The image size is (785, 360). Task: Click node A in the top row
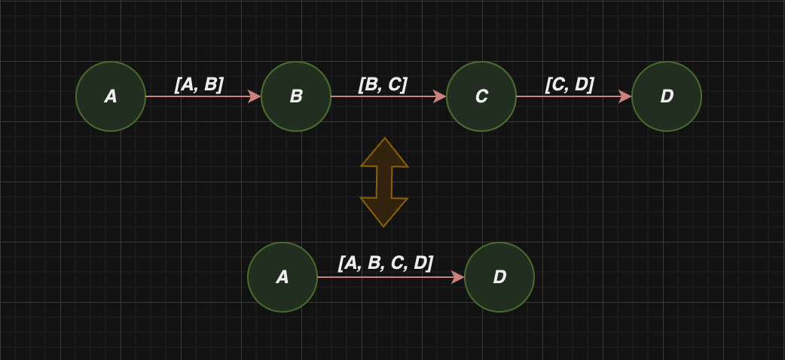pyautogui.click(x=111, y=96)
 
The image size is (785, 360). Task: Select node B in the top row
pyautogui.click(x=296, y=96)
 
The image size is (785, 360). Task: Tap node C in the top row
pyautogui.click(x=481, y=96)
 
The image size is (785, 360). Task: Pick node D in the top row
pyautogui.click(x=667, y=96)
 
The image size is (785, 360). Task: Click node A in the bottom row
pyautogui.click(x=283, y=277)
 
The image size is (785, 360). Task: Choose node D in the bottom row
pyautogui.click(x=499, y=277)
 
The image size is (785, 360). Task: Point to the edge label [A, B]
pyautogui.click(x=199, y=84)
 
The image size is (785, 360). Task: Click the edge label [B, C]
pyautogui.click(x=383, y=84)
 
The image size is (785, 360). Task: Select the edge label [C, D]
pyautogui.click(x=570, y=84)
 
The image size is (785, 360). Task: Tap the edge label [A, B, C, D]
pyautogui.click(x=386, y=263)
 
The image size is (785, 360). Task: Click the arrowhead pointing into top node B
pyautogui.click(x=255, y=96)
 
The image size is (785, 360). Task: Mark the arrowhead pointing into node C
pyautogui.click(x=440, y=96)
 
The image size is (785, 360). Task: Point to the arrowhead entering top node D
pyautogui.click(x=625, y=96)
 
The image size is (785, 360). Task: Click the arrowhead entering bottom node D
pyautogui.click(x=458, y=277)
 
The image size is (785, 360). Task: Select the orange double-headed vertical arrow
pyautogui.click(x=384, y=182)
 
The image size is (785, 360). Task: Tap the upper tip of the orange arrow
pyautogui.click(x=384, y=138)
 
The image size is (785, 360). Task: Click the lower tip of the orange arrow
pyautogui.click(x=383, y=226)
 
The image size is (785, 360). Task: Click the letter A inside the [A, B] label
pyautogui.click(x=186, y=85)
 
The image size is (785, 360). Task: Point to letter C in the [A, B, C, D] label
pyautogui.click(x=398, y=263)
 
